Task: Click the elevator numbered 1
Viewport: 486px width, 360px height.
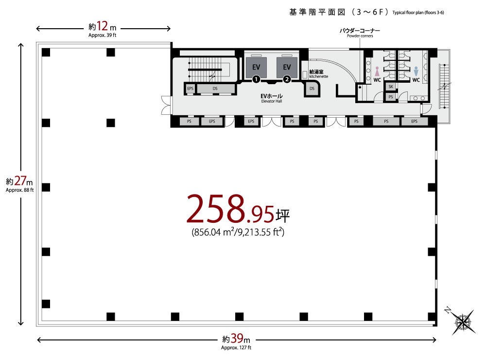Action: [x=256, y=67]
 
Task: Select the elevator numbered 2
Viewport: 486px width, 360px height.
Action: [x=287, y=67]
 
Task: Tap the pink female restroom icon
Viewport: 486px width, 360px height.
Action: [x=377, y=72]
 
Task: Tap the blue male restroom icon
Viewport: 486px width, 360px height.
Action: [x=416, y=72]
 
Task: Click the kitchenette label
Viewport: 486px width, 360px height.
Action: [x=318, y=74]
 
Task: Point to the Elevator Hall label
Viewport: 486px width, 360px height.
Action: [x=272, y=98]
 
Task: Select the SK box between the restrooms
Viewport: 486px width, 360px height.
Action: [x=391, y=87]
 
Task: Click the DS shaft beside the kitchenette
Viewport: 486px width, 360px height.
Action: [x=312, y=89]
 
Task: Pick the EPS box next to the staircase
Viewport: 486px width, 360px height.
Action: [x=190, y=89]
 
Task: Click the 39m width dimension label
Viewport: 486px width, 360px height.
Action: [x=236, y=342]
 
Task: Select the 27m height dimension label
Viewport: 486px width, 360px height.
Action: [x=19, y=184]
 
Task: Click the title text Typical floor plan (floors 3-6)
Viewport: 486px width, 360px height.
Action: [x=418, y=13]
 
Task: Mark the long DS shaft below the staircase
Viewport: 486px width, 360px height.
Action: [x=215, y=89]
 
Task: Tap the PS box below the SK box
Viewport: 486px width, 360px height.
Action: [x=391, y=97]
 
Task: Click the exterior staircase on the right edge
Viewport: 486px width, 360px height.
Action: [x=444, y=86]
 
